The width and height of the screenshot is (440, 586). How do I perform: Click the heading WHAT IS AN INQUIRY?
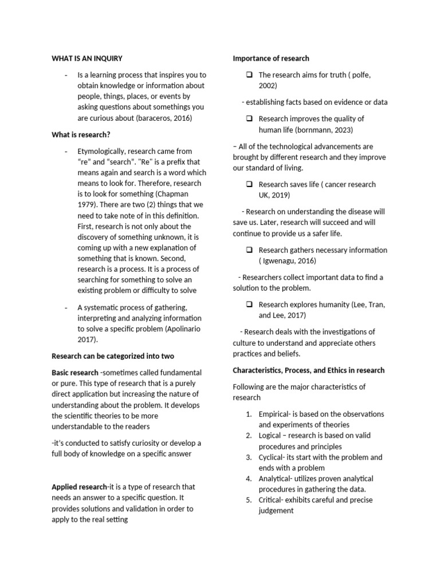point(87,58)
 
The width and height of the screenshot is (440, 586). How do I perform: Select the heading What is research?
point(81,134)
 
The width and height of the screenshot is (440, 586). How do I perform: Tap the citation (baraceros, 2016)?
point(164,118)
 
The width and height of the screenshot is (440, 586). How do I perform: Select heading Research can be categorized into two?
point(113,356)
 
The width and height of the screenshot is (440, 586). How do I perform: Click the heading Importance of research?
point(271,58)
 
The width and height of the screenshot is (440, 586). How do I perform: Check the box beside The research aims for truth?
point(250,75)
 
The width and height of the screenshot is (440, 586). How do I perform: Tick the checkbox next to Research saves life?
point(250,184)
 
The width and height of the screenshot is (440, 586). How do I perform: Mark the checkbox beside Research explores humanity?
point(250,304)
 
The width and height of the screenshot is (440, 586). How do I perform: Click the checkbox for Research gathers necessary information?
point(250,250)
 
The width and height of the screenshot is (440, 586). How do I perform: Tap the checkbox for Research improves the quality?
point(250,118)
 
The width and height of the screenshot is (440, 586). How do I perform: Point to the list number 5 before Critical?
point(249,500)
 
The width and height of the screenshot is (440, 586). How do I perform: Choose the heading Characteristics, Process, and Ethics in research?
point(308,370)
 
